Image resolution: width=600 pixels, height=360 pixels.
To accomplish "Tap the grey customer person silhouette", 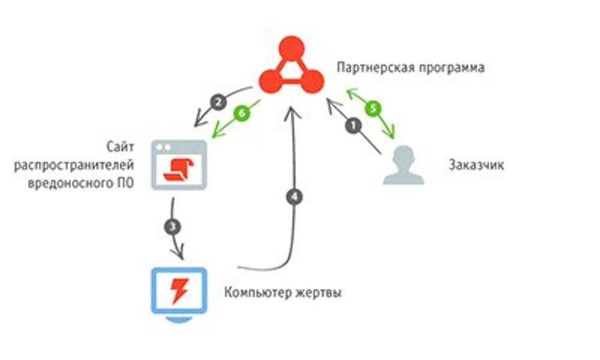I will [x=403, y=165].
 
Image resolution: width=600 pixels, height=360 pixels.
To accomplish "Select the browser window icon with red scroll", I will [x=179, y=164].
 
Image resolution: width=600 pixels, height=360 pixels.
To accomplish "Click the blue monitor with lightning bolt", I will [x=179, y=293].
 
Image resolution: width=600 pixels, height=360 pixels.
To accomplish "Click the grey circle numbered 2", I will [x=218, y=102].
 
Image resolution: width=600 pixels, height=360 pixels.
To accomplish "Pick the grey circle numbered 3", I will [x=173, y=227].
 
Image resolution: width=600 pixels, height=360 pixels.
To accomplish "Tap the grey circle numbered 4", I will [x=293, y=196].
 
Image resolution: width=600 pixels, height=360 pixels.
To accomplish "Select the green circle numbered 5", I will [x=373, y=109].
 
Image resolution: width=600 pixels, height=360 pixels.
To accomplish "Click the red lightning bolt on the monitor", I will [x=179, y=290].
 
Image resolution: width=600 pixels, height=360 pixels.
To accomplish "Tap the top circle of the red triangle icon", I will [x=292, y=47].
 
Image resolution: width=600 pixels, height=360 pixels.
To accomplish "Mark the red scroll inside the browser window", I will [x=179, y=169].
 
